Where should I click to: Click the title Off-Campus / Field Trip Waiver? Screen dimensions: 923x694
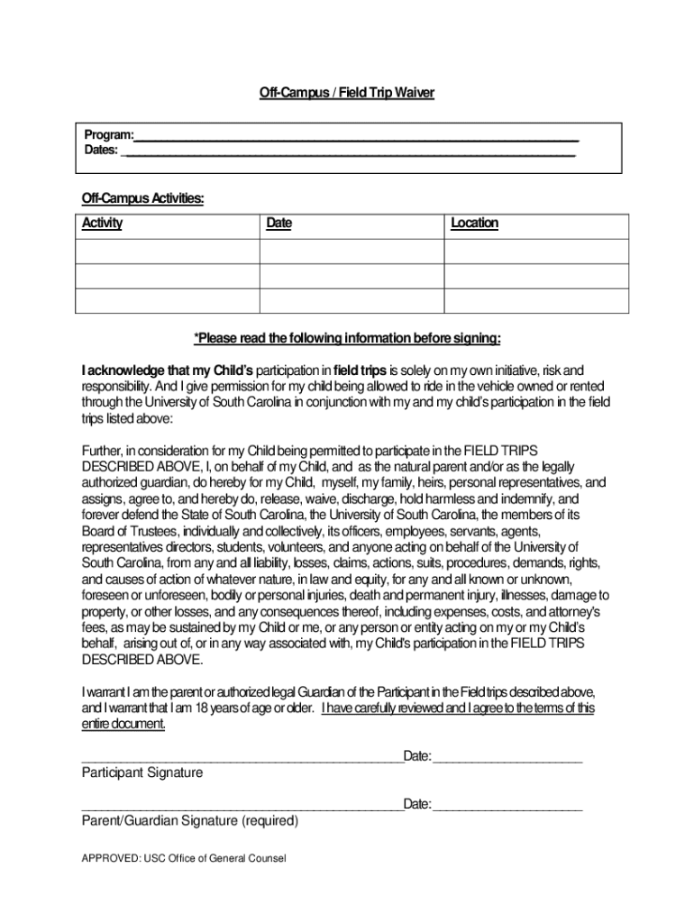(x=347, y=93)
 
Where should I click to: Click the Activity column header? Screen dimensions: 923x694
(x=102, y=224)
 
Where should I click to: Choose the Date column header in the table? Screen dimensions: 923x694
(x=279, y=224)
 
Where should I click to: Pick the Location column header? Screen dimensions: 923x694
(x=474, y=224)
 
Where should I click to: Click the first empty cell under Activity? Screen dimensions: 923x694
(x=168, y=251)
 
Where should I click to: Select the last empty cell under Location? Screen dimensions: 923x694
(x=536, y=300)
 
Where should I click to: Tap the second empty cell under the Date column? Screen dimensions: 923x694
(x=352, y=276)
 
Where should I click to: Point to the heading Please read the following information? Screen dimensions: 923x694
(x=347, y=338)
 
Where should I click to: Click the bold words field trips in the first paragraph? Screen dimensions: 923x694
(x=360, y=370)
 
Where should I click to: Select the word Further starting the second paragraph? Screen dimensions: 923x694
(x=102, y=449)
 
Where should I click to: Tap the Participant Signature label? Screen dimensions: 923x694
(x=142, y=772)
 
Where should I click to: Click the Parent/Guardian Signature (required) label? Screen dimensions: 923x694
(x=189, y=821)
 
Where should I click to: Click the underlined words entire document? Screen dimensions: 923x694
(x=123, y=724)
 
